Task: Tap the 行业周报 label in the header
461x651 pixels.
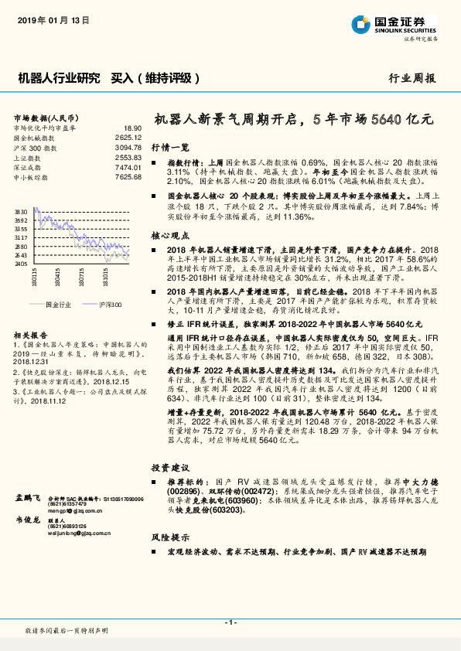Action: pos(412,78)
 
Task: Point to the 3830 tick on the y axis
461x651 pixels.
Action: pos(21,210)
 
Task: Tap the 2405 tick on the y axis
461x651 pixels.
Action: pos(21,264)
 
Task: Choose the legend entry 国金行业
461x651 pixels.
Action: pos(60,305)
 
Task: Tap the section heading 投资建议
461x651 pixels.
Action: pos(170,467)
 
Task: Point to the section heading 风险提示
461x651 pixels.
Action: pos(170,536)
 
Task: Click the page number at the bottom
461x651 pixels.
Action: pos(230,622)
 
